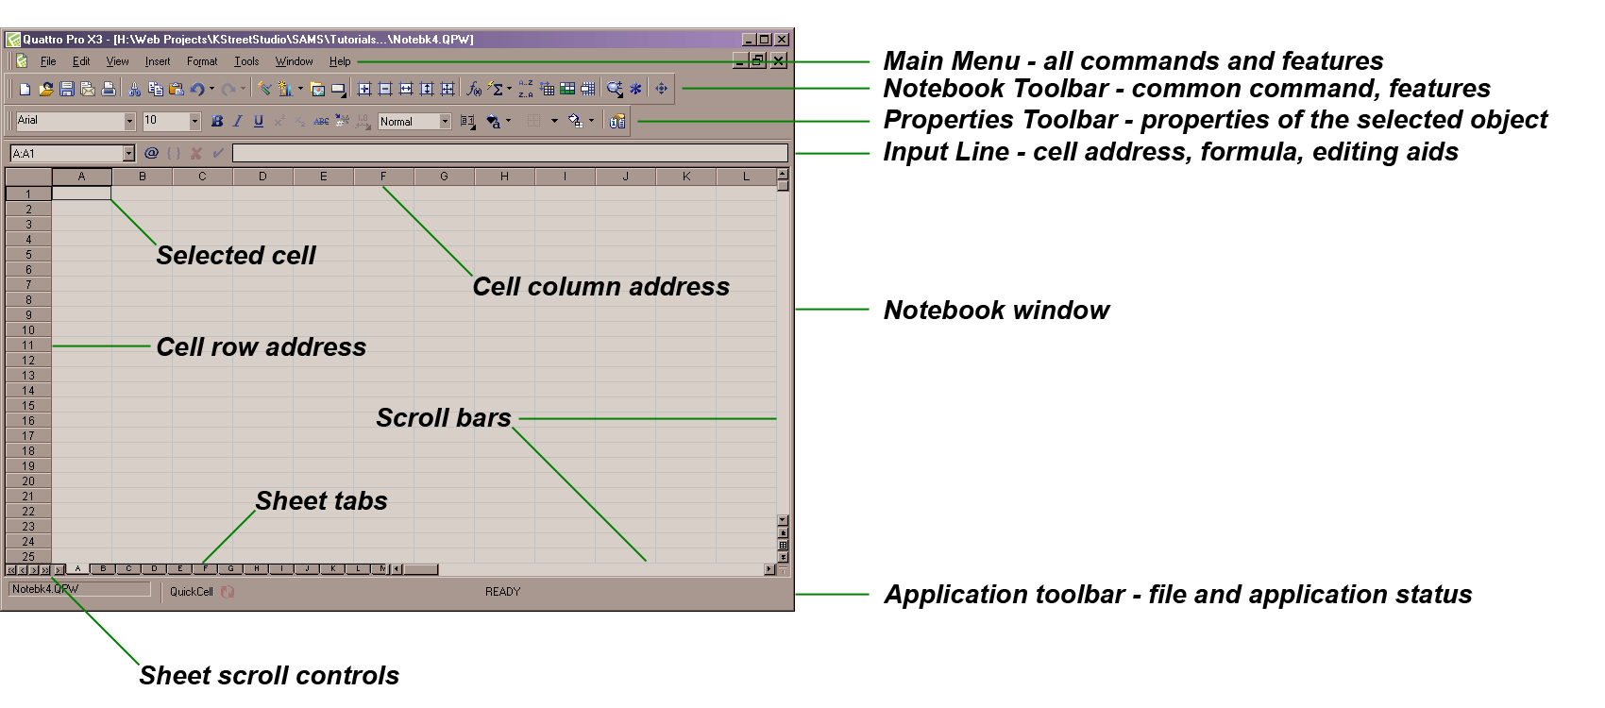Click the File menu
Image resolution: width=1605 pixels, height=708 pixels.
pyautogui.click(x=48, y=61)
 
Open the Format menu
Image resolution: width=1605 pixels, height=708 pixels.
pyautogui.click(x=202, y=61)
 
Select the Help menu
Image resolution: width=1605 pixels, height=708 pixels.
pyautogui.click(x=340, y=61)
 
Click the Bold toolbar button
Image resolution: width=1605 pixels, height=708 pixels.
pyautogui.click(x=217, y=121)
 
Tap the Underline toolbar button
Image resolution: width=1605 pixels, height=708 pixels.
pyautogui.click(x=259, y=121)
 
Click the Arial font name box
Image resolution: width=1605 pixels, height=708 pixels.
pyautogui.click(x=70, y=121)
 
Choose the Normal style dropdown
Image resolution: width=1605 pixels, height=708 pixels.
pyautogui.click(x=414, y=121)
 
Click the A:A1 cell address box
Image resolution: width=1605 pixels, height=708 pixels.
pyautogui.click(x=66, y=153)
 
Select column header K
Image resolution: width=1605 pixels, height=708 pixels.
pyautogui.click(x=686, y=177)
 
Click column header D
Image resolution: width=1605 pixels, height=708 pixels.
pyautogui.click(x=262, y=177)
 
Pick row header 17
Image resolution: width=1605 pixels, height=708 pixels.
pyautogui.click(x=28, y=436)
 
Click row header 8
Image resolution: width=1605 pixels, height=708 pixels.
pyautogui.click(x=28, y=300)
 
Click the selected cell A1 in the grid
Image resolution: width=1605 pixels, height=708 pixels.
pyautogui.click(x=81, y=194)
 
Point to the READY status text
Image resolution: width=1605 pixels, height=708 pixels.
pyautogui.click(x=502, y=592)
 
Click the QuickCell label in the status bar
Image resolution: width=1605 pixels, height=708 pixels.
pyautogui.click(x=192, y=592)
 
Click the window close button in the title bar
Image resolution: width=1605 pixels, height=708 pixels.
pyautogui.click(x=781, y=40)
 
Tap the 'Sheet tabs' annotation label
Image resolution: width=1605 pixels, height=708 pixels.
pyautogui.click(x=321, y=500)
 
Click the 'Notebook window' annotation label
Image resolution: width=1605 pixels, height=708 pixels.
pyautogui.click(x=996, y=310)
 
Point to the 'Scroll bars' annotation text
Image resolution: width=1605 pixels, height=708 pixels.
pyautogui.click(x=443, y=417)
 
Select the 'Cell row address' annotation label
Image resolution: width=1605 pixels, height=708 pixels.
pyautogui.click(x=261, y=346)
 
